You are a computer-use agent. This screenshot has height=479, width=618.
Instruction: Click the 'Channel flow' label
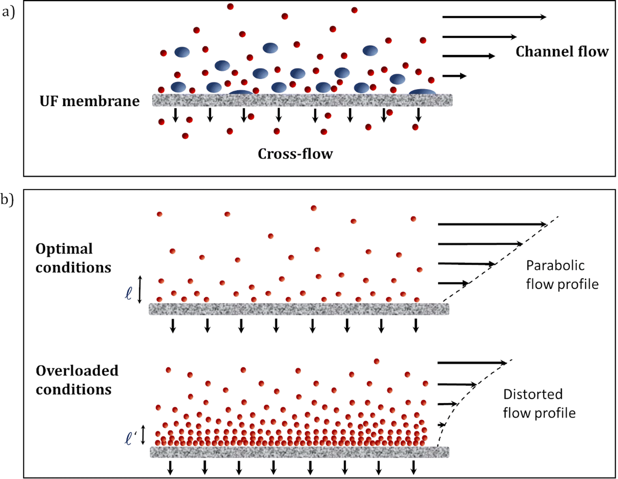coord(562,52)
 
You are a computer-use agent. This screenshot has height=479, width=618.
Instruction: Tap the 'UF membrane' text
coord(90,101)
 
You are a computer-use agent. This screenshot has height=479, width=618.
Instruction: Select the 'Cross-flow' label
coord(295,154)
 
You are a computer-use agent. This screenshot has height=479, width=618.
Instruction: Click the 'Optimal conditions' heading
coord(73,258)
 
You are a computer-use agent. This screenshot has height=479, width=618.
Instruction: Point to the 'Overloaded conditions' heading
coord(77,380)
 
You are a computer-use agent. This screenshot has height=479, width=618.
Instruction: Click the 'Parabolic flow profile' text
coord(562,275)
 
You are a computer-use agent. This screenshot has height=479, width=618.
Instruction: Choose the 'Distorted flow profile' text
coord(539,404)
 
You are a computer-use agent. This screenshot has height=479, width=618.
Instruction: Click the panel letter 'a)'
coord(8,12)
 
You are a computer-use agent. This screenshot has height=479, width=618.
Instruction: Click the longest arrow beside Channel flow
coord(494,17)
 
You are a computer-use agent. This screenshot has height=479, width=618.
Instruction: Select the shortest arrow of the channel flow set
coord(454,76)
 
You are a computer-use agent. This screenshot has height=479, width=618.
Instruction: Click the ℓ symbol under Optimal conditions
coord(129,293)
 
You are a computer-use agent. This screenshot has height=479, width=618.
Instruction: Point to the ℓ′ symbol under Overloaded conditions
coord(130,438)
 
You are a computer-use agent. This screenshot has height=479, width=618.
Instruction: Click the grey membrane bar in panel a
coord(302,100)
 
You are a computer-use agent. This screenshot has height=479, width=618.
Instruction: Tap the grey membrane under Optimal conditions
coord(299,309)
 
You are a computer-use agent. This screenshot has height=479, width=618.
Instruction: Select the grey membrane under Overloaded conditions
coord(299,452)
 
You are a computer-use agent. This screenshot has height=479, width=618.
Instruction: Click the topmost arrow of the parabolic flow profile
coord(492,224)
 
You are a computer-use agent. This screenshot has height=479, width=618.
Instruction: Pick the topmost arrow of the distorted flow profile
coord(472,363)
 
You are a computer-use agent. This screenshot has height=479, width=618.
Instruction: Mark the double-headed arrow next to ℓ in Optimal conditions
coord(140,289)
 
